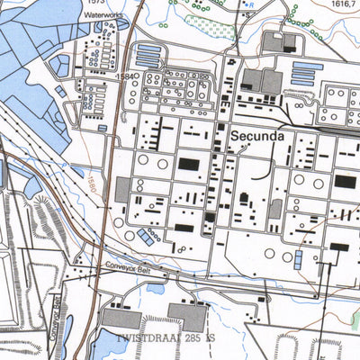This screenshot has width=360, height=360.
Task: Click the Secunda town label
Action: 258,137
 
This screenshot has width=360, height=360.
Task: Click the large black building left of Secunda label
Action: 189,164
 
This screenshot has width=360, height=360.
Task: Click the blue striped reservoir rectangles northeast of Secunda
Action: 306,73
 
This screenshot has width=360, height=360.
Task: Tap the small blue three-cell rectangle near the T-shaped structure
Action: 299,259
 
